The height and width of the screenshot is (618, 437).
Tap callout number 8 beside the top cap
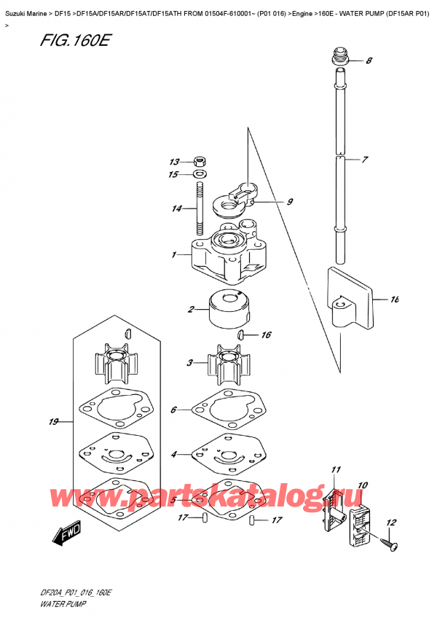[x=369, y=61]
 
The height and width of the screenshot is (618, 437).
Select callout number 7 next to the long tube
[x=365, y=159]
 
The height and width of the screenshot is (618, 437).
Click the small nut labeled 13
[x=199, y=162]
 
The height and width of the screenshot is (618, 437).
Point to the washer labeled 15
[x=199, y=174]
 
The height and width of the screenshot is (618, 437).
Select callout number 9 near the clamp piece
[x=289, y=203]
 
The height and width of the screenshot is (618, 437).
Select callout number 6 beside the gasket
[x=173, y=410]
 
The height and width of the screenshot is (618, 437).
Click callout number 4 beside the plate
[x=173, y=455]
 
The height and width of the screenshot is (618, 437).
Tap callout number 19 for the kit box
[x=52, y=422]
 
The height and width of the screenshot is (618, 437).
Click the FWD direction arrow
[x=63, y=538]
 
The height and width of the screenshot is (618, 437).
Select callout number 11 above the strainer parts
[x=336, y=469]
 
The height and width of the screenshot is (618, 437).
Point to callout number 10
[x=363, y=485]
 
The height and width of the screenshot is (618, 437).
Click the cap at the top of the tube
[x=340, y=56]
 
